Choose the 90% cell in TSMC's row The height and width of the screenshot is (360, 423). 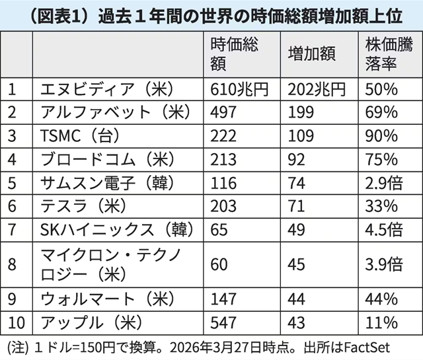coord(381,135)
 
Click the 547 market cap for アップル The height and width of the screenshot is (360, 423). coord(223,322)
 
